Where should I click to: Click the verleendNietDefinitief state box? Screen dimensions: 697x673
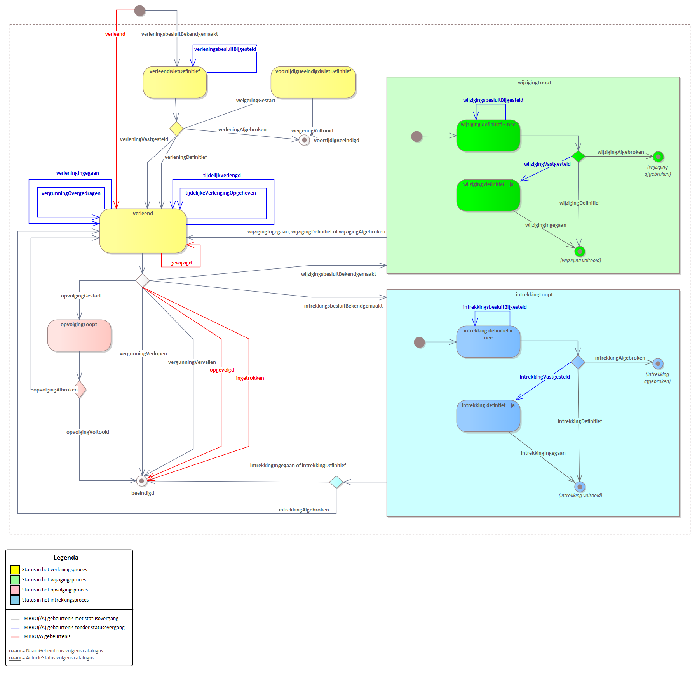click(x=175, y=82)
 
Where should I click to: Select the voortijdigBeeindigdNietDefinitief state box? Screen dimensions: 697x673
click(x=313, y=82)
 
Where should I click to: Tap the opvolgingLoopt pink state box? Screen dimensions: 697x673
click(x=79, y=336)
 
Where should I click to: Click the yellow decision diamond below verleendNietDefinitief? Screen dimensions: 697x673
click(x=176, y=129)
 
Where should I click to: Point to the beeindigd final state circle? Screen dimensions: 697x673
click(x=142, y=481)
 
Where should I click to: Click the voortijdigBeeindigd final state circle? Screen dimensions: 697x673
click(x=304, y=140)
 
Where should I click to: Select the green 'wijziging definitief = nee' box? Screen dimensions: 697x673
click(x=488, y=136)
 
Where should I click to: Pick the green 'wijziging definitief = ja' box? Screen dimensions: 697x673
click(x=488, y=195)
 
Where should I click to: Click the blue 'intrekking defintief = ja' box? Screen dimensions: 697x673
click(x=488, y=416)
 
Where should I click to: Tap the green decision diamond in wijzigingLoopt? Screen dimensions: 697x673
click(x=578, y=156)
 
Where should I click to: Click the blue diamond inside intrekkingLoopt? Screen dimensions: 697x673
click(x=578, y=362)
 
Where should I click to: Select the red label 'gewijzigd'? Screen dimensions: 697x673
click(x=181, y=263)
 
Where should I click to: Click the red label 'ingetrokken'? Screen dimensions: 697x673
click(x=250, y=378)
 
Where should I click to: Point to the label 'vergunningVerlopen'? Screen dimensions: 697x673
click(x=143, y=354)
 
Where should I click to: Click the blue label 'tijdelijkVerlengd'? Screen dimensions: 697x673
click(x=222, y=176)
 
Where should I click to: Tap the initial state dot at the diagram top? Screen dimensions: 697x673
click(x=139, y=10)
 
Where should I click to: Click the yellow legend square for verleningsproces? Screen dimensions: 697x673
click(x=15, y=570)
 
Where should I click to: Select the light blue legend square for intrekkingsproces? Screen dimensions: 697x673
click(x=15, y=600)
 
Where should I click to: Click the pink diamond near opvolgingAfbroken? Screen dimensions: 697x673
click(x=80, y=390)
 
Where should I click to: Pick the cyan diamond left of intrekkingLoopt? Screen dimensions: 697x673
click(x=336, y=482)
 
